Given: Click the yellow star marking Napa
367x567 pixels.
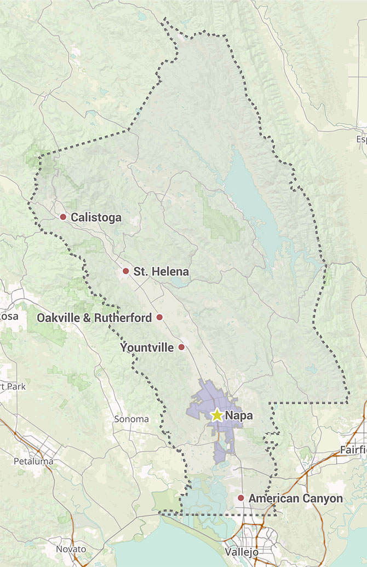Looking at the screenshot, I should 217,415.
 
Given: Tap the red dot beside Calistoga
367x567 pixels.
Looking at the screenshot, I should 63,217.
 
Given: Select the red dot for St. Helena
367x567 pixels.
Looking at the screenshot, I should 125,271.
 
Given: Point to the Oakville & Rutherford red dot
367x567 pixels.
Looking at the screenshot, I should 159,317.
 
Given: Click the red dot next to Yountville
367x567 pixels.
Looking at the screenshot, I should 181,347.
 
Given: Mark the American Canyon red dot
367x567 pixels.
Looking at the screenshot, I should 240,498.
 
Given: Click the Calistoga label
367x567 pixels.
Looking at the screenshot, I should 96,218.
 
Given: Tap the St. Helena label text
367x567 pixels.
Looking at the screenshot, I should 161,271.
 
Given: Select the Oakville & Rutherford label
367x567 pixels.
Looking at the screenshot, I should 94,318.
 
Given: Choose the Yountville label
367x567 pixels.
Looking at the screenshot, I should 147,348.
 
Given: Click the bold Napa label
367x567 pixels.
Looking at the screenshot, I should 239,416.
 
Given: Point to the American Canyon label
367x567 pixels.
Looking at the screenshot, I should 295,499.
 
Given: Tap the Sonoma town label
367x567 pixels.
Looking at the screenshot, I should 131,419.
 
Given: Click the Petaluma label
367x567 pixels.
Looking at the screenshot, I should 33,461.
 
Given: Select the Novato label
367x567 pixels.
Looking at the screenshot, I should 71,548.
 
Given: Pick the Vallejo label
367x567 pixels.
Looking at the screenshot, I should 242,552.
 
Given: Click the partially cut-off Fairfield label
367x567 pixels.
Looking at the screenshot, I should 353,450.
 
